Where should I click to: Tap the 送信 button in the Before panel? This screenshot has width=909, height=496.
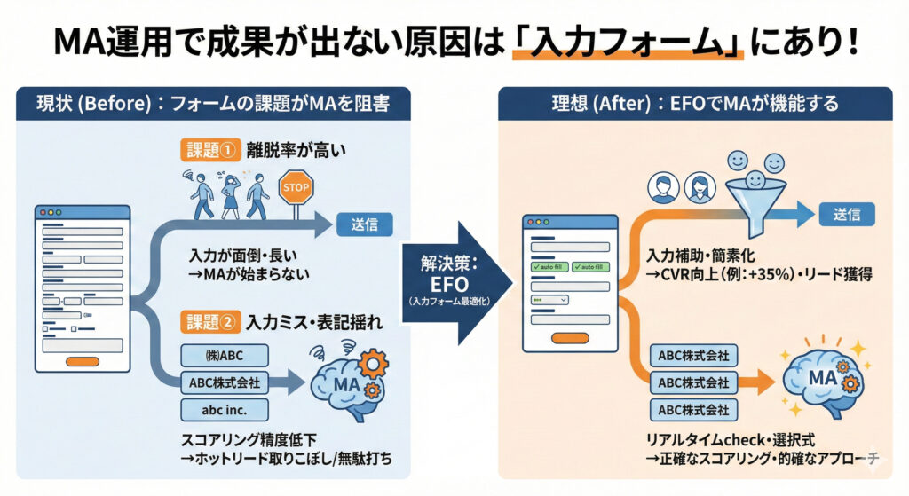363,224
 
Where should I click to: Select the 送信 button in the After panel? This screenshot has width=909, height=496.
845,214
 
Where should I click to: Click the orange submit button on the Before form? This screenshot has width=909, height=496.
83,361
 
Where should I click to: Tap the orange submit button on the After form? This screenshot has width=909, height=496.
569,338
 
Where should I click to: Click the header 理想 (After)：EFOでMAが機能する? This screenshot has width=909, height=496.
694,104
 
